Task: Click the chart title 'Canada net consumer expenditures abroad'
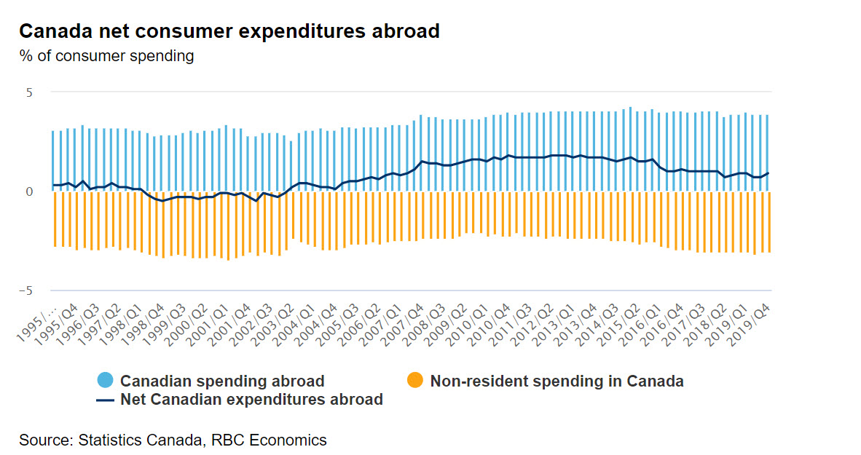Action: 229,31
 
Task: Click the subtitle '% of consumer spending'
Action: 106,55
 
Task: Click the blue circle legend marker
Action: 106,380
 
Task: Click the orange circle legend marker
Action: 415,380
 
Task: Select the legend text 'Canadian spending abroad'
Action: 222,381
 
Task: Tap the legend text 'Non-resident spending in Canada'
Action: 557,381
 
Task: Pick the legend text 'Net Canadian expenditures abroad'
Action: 251,399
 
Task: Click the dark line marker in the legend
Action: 106,399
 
